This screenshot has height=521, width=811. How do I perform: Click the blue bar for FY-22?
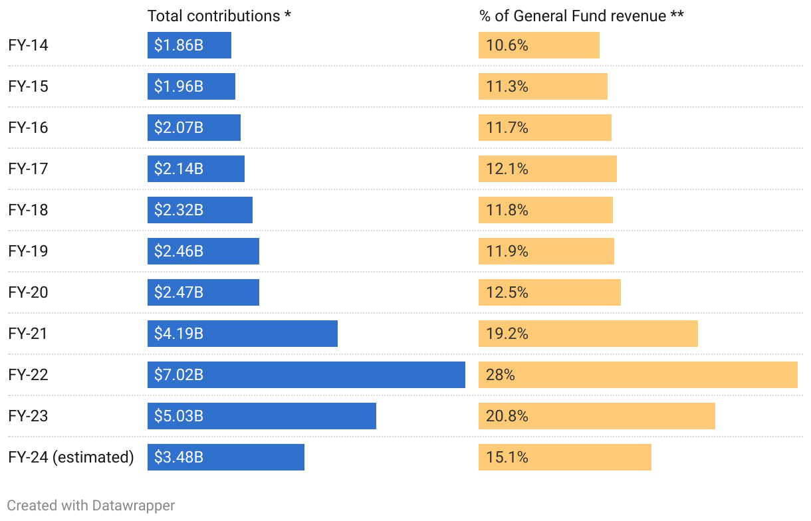[306, 375]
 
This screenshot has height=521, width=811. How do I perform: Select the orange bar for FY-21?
[588, 334]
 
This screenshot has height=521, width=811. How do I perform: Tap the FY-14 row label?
[29, 45]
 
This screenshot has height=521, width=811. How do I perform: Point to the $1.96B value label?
[179, 86]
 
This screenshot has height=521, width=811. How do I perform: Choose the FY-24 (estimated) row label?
[71, 457]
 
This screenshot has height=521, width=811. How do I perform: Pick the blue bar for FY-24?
[226, 457]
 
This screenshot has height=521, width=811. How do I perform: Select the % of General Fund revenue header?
[582, 16]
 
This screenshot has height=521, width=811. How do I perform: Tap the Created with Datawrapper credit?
[91, 505]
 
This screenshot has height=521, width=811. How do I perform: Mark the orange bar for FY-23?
[596, 416]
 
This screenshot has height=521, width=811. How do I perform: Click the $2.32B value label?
[179, 210]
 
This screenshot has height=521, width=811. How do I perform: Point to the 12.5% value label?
[507, 292]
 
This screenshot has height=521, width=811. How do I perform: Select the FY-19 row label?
[29, 251]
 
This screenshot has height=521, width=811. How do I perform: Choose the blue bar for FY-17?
[196, 169]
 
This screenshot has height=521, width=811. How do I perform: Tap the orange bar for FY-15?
[542, 86]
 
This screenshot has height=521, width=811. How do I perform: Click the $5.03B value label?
[179, 416]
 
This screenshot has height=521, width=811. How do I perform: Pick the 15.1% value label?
[507, 457]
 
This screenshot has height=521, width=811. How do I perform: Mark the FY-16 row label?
[29, 128]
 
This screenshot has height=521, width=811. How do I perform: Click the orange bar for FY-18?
[545, 210]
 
